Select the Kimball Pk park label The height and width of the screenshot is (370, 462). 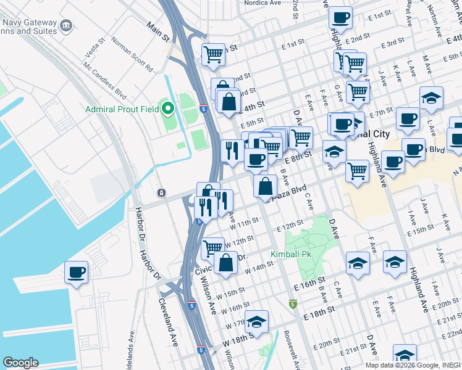(x=290, y=254)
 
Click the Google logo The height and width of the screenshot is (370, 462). (x=20, y=363)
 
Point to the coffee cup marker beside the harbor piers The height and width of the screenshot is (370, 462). (x=76, y=273)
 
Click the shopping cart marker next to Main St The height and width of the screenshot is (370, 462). (x=213, y=54)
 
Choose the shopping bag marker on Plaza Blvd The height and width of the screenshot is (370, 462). (x=265, y=186)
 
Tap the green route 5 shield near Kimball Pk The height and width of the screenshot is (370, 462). (x=293, y=304)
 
